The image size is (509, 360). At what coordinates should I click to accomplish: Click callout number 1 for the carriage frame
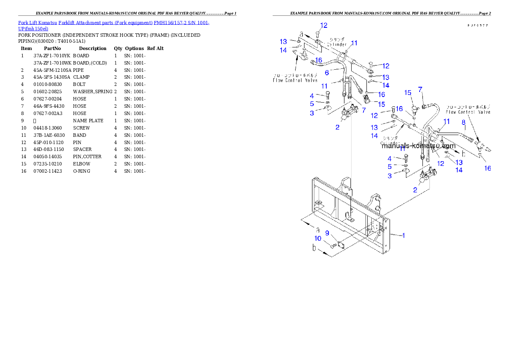[403, 235]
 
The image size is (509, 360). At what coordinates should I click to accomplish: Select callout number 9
[327, 233]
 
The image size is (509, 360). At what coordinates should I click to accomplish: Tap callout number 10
[318, 238]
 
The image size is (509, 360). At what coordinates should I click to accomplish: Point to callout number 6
[326, 73]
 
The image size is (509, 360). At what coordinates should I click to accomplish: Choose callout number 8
[463, 123]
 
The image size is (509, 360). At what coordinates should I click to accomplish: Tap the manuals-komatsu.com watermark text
[418, 145]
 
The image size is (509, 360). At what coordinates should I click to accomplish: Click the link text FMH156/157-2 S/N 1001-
[181, 23]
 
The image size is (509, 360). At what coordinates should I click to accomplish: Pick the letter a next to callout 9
[318, 230]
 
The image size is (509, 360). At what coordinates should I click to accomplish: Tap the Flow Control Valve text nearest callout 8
[468, 112]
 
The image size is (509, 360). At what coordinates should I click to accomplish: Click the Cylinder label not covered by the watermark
[337, 44]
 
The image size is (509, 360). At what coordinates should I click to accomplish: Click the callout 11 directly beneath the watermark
[402, 149]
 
